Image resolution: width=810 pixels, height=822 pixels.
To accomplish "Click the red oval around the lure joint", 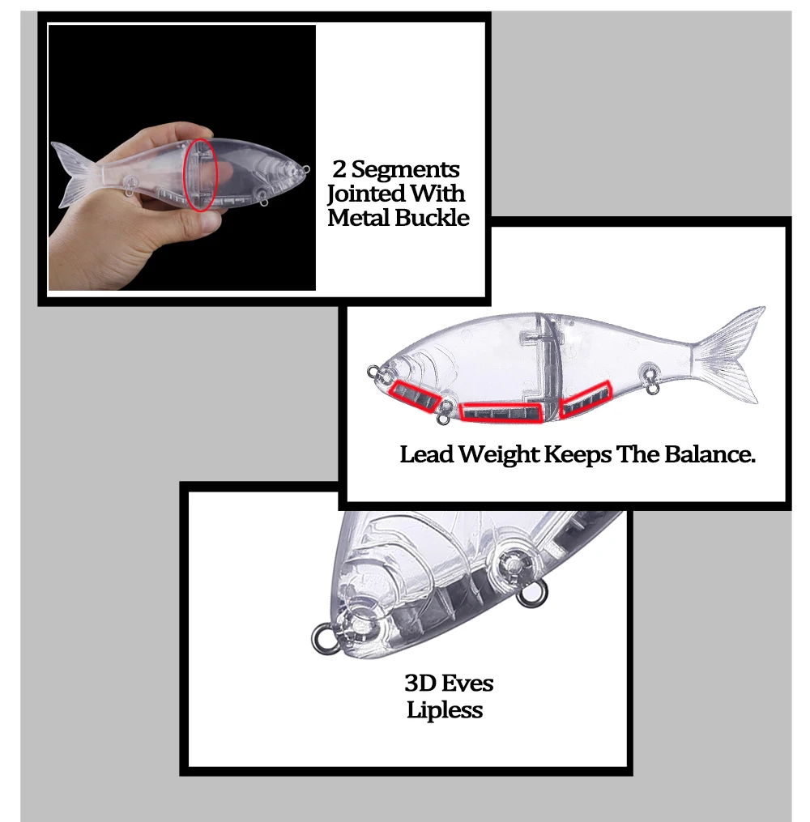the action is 200,175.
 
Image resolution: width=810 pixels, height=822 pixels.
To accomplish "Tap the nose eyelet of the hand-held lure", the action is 305,169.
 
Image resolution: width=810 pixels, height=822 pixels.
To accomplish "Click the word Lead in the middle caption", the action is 426,454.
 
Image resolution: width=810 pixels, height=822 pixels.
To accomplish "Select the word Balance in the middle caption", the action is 710,454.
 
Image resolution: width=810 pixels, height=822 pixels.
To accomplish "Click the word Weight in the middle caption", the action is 499,455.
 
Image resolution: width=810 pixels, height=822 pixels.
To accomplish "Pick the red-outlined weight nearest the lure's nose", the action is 414,396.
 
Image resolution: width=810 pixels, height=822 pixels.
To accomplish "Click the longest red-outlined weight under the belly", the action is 501,412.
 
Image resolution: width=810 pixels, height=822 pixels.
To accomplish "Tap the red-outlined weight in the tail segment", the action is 586,399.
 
